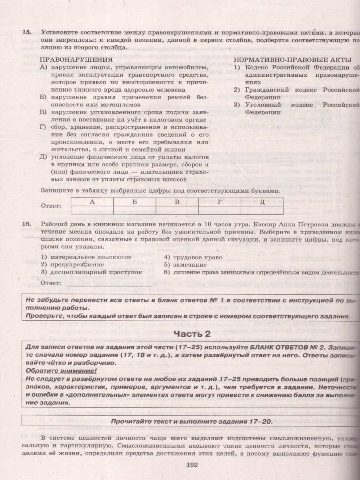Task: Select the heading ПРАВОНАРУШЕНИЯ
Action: [76, 59]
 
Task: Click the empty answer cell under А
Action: [92, 210]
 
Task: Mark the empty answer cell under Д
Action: [262, 210]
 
